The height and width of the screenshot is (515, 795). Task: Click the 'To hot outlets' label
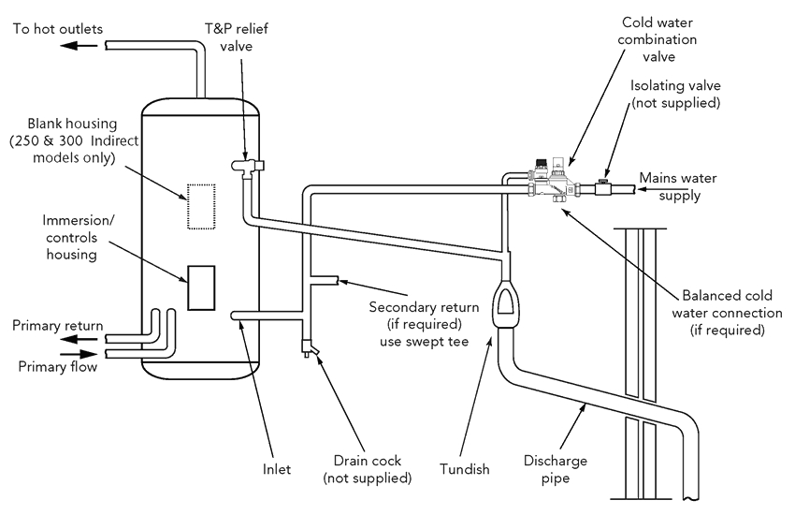[57, 28]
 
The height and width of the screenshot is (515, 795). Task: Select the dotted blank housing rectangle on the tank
[200, 204]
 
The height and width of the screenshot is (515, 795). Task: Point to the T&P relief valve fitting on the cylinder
[248, 166]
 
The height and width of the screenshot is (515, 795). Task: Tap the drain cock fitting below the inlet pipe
[309, 349]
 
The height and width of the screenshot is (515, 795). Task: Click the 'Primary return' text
[57, 326]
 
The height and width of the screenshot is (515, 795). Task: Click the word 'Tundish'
[464, 467]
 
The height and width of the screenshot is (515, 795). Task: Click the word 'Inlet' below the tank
[277, 468]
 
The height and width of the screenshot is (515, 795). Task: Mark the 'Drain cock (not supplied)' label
[367, 468]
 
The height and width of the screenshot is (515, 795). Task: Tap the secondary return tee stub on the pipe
[324, 278]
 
